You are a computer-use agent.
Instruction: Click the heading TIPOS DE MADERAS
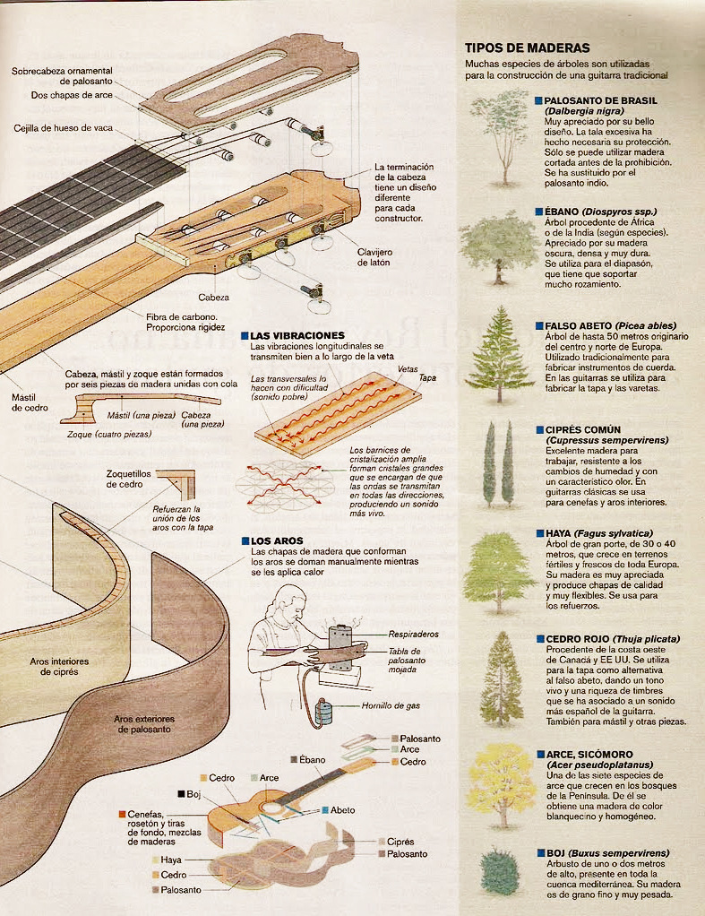(x=527, y=48)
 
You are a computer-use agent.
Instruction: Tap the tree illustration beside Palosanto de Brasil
(x=498, y=134)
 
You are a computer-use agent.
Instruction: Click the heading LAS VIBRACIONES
(x=290, y=335)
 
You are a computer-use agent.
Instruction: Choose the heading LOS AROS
(x=277, y=541)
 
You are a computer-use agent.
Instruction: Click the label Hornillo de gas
(x=391, y=705)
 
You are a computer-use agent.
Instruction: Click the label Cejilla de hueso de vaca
(x=63, y=128)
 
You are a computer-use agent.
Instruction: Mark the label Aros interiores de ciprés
(x=60, y=666)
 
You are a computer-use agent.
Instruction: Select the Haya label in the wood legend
(x=173, y=860)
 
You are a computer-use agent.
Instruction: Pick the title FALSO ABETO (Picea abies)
(x=610, y=325)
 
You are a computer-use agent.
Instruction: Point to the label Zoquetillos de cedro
(x=125, y=479)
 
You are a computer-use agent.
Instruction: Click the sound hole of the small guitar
(x=269, y=807)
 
